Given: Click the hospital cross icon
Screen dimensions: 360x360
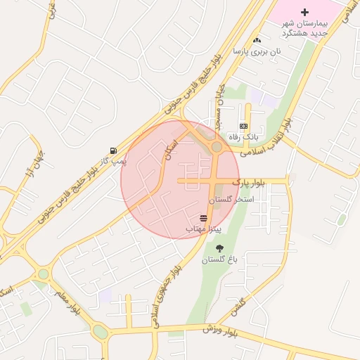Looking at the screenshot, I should [x=304, y=12].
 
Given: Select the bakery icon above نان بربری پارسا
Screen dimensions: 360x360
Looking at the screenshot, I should [x=257, y=41].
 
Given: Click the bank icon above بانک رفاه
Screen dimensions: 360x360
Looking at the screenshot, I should [x=244, y=126].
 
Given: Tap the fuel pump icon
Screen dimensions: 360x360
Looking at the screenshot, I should [x=113, y=150].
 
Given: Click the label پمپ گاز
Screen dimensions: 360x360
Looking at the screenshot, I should [x=113, y=161].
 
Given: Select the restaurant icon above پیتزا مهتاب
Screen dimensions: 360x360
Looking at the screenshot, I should [x=204, y=218].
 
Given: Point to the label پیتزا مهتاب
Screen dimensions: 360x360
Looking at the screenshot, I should [x=204, y=229].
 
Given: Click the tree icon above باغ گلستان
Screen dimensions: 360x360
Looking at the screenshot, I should [x=220, y=247].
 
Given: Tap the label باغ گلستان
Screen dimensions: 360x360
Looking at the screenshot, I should [x=220, y=259].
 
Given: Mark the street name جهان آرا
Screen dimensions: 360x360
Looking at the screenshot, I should [x=34, y=162].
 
